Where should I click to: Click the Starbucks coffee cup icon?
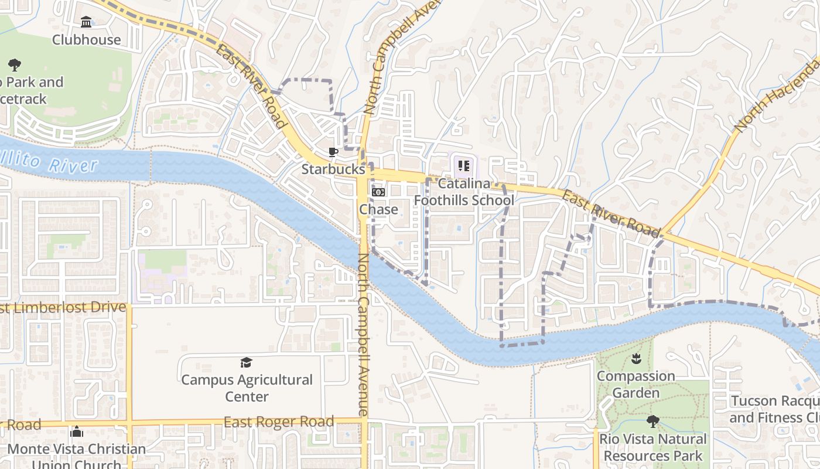[333, 152]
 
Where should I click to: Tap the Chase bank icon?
[378, 192]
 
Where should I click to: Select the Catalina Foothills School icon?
[464, 166]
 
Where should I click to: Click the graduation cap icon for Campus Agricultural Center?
[247, 363]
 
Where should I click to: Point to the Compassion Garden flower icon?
[636, 359]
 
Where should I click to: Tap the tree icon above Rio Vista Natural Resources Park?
[652, 422]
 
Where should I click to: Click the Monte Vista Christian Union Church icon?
[77, 433]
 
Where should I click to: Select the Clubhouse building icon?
[87, 22]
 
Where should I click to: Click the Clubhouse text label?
[87, 40]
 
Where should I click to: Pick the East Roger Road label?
[279, 422]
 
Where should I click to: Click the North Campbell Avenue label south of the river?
[364, 334]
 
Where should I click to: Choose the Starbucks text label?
[333, 169]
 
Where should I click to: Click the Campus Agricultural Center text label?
[247, 388]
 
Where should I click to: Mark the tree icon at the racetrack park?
[15, 65]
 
